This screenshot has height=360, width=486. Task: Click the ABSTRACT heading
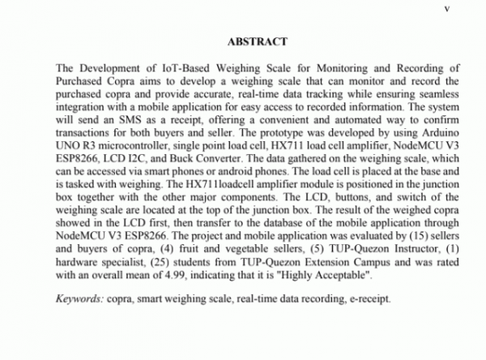pos(253,40)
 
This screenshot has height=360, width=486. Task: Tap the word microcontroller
pos(131,165)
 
